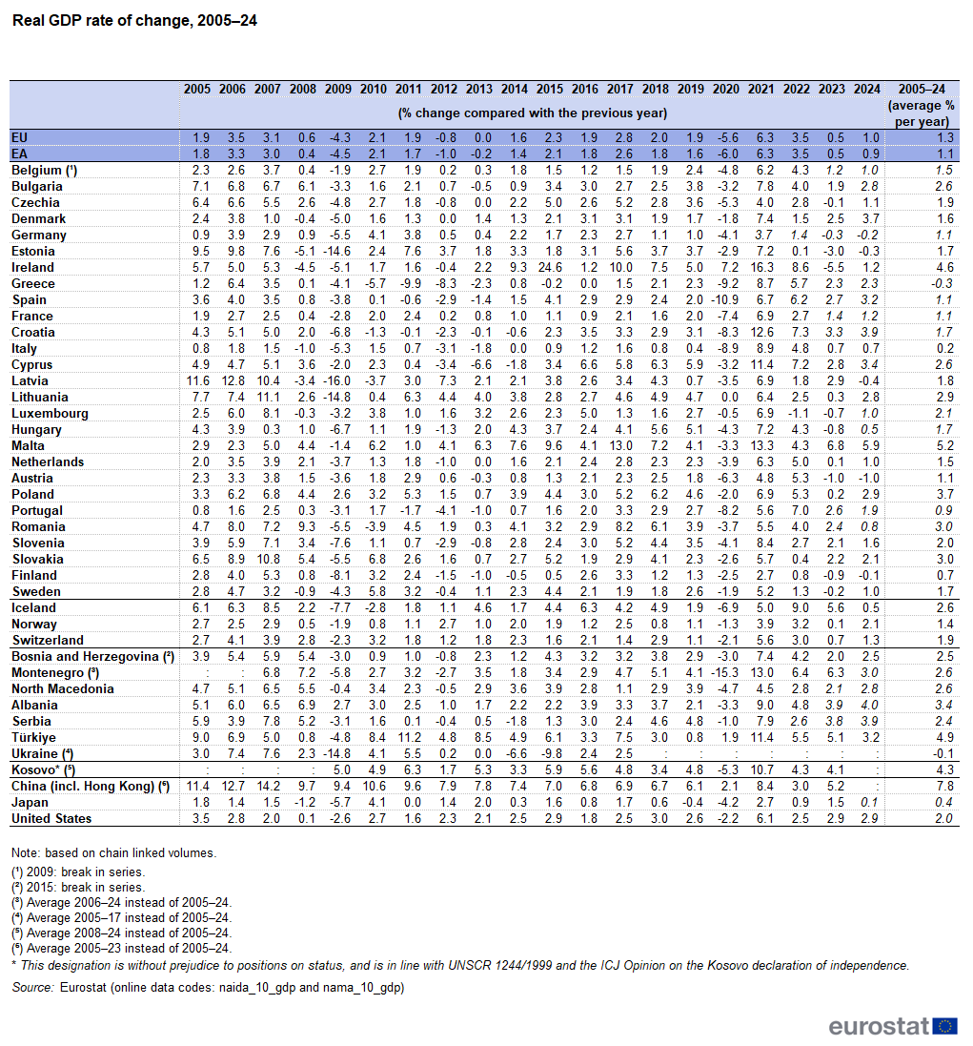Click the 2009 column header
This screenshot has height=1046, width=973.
(x=338, y=90)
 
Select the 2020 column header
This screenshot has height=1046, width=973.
(x=725, y=90)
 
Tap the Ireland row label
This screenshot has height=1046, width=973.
(x=32, y=268)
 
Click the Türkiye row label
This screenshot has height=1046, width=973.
(x=33, y=738)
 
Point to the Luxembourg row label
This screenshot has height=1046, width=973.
(x=50, y=414)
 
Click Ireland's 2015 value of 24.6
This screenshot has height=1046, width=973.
(x=551, y=268)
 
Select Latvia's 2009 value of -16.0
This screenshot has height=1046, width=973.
(x=337, y=380)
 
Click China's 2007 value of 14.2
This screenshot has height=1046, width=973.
(x=268, y=787)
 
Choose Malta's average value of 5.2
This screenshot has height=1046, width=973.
(x=944, y=446)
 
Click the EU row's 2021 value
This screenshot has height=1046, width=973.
(x=765, y=138)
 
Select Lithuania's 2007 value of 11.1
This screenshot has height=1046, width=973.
(x=268, y=398)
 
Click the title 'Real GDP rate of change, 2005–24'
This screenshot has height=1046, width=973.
(x=134, y=21)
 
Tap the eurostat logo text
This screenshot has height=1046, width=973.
(x=879, y=1026)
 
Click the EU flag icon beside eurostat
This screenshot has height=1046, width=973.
(x=945, y=1026)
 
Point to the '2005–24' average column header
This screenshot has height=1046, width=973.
(x=922, y=90)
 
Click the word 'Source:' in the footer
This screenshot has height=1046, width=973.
(x=32, y=988)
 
